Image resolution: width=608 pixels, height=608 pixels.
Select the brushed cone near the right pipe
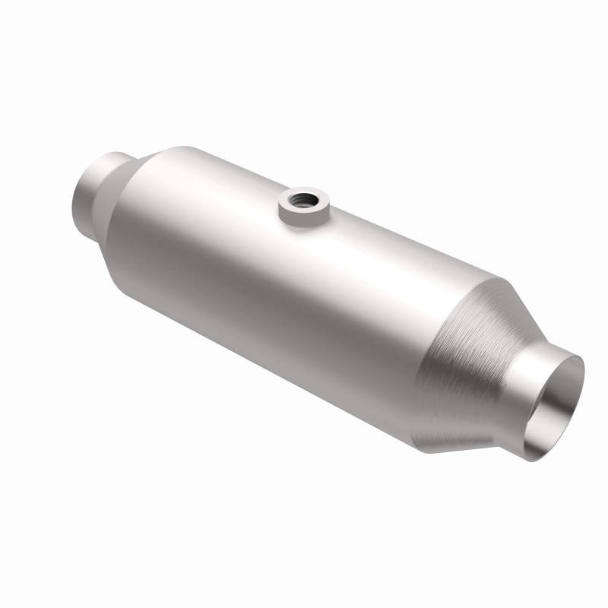click(x=464, y=357)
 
